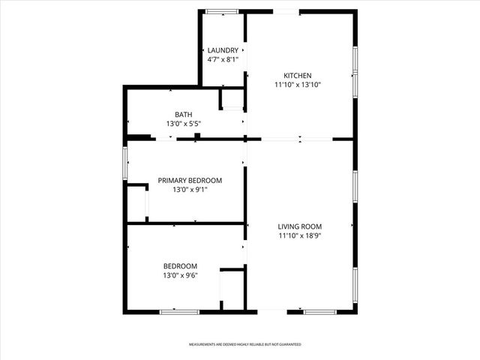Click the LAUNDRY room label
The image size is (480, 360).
223,49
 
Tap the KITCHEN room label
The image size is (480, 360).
297,75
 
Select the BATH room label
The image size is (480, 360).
184,114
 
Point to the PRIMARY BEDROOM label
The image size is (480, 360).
190,180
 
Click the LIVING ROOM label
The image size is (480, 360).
300,226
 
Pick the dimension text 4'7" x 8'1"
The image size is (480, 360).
223,59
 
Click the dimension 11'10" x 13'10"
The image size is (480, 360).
297,85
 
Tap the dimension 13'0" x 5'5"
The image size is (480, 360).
184,124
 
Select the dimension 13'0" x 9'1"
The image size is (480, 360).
190,190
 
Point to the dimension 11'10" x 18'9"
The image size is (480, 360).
300,236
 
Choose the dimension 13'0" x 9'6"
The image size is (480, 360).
181,276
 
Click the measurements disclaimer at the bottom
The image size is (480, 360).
244,344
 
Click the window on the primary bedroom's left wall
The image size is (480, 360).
125,160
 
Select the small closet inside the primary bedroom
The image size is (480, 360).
136,202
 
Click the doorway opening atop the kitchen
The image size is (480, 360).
286,11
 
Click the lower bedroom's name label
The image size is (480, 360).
181,266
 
